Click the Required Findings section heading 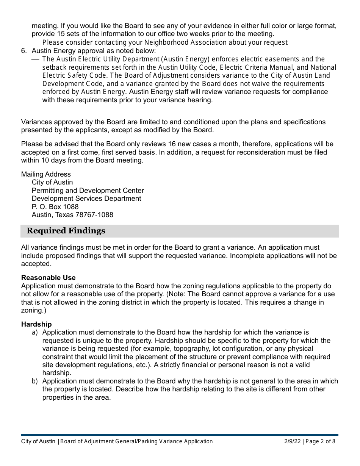(66, 231)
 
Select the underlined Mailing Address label (46, 174)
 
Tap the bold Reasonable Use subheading (49, 278)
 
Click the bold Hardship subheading (36, 324)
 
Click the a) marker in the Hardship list (35, 332)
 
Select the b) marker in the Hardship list (35, 381)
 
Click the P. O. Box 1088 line (55, 207)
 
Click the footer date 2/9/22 (292, 441)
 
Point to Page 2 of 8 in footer (320, 441)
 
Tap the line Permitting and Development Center (88, 191)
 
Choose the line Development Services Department (86, 199)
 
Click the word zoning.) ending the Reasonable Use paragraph (33, 310)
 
